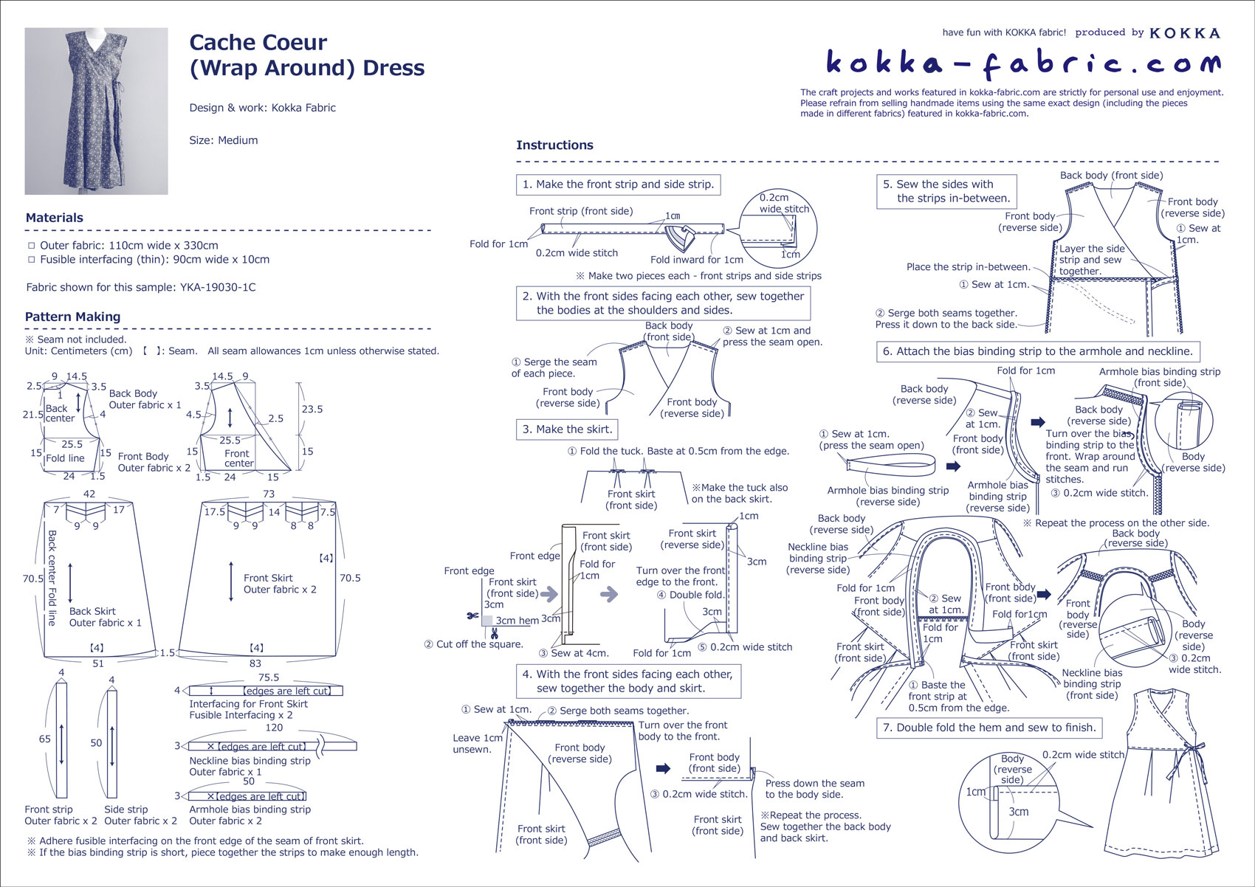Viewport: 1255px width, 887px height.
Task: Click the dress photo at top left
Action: coord(96,111)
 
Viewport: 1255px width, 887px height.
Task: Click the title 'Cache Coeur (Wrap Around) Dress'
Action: coord(306,55)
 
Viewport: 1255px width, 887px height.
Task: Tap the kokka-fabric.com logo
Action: coord(1022,63)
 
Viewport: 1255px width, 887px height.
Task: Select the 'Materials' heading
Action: coord(54,218)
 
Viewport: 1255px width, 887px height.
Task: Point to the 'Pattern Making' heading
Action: coord(72,317)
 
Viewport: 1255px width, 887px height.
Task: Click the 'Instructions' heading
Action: coord(554,145)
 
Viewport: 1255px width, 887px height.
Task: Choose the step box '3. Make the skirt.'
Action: coord(567,429)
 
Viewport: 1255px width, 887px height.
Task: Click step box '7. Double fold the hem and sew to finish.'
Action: coord(989,728)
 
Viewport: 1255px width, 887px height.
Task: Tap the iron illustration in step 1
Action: coord(679,238)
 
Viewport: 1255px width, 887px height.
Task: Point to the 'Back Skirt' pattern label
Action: coord(92,611)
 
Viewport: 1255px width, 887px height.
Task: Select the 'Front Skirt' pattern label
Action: coord(268,578)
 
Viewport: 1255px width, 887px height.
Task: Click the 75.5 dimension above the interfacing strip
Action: coord(268,677)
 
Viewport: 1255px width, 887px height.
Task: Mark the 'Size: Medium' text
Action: coord(223,140)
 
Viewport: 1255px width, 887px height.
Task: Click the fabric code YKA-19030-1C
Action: coord(218,287)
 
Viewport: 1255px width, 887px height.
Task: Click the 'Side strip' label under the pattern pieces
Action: coord(125,810)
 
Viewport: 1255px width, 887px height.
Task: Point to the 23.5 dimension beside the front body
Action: coord(312,409)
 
